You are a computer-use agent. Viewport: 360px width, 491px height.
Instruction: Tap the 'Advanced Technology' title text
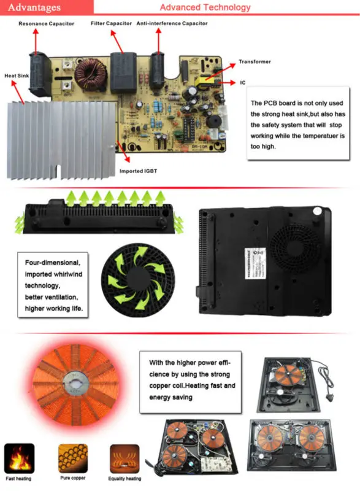(205, 7)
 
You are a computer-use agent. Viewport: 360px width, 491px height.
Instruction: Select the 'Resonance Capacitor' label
(46, 23)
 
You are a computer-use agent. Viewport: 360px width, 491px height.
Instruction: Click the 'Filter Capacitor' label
(111, 23)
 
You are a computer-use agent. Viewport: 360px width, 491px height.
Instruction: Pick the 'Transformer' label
(255, 62)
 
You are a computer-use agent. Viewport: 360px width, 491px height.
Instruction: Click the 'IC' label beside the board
(244, 82)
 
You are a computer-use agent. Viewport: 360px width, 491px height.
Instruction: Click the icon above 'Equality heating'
(124, 458)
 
